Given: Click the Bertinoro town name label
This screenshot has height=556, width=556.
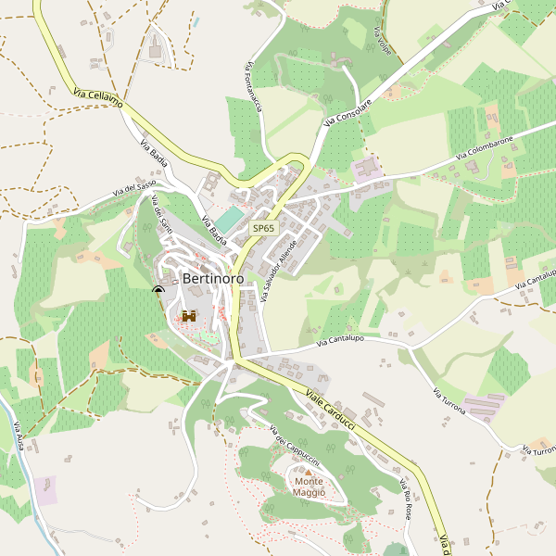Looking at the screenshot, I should [x=213, y=278].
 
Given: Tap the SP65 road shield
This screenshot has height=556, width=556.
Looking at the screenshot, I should [x=264, y=228].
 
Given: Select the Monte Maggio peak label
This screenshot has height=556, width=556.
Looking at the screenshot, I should [x=310, y=486].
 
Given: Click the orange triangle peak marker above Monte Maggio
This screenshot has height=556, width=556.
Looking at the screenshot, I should [x=310, y=473].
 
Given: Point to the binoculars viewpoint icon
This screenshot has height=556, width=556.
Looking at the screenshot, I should [x=190, y=316].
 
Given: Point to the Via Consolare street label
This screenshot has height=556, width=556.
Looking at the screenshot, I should [x=347, y=113].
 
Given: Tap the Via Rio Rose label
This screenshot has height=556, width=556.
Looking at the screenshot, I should [x=405, y=499].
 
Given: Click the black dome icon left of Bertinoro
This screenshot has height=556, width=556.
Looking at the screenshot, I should [x=158, y=291].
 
